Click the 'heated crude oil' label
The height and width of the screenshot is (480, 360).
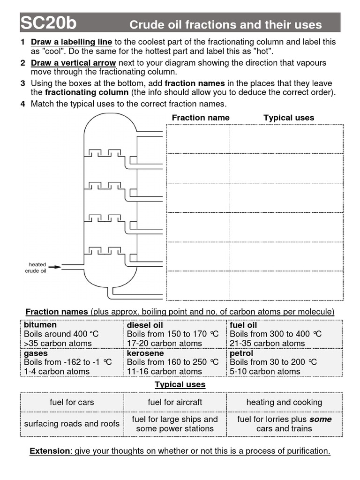[37, 268]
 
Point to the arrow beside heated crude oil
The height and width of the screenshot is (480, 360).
[55, 267]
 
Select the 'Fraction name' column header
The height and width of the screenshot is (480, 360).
[201, 118]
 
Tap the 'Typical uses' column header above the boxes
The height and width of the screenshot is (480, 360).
[289, 118]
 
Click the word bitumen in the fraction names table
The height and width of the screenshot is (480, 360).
[40, 325]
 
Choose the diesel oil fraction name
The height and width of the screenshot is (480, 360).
[145, 325]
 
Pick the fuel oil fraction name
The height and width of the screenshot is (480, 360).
[243, 325]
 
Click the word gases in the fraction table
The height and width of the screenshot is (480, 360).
[36, 353]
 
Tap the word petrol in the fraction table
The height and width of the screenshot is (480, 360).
[241, 353]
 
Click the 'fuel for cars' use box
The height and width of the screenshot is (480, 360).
[72, 402]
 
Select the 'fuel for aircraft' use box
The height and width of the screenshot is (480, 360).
[175, 402]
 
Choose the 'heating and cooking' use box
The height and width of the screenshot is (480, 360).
[284, 402]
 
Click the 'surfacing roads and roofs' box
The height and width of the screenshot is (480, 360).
[72, 424]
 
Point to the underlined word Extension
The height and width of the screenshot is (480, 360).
[49, 451]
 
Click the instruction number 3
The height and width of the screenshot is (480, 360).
[22, 83]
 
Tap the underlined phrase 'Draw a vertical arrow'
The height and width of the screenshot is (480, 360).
[73, 63]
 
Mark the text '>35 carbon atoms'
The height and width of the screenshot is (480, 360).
[58, 343]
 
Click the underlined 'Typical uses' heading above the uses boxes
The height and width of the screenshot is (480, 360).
[180, 384]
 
